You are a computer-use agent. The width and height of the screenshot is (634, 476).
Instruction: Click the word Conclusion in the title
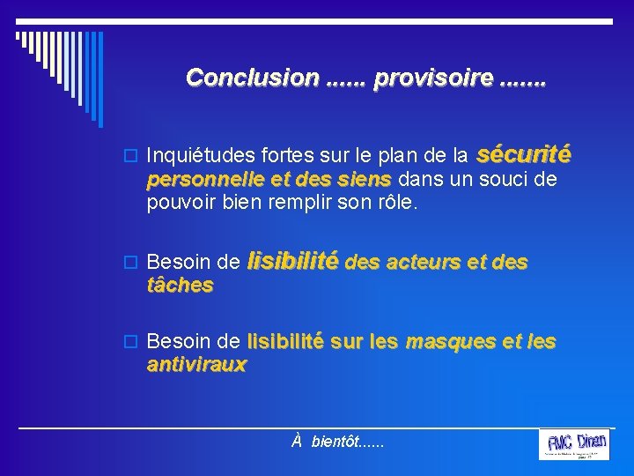coord(252,78)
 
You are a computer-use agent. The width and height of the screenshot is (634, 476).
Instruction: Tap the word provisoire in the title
coord(432,78)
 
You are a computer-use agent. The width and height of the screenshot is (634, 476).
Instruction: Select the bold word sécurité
coord(523,156)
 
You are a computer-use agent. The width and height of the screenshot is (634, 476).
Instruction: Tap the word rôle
coord(401,203)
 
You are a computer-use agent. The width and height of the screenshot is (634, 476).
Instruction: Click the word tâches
coord(180,285)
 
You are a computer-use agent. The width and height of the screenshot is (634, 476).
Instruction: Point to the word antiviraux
coord(197,363)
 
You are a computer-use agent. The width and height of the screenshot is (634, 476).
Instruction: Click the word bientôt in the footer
coord(335,440)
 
